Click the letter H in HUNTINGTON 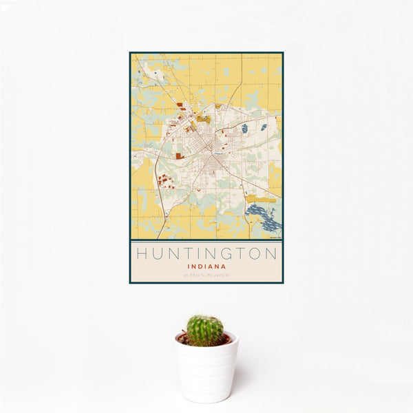click(x=141, y=254)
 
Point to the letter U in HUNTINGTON click(x=157, y=254)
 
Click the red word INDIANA click(x=206, y=266)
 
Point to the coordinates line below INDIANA click(x=206, y=275)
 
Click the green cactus click(x=205, y=330)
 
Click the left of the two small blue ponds click(x=244, y=128)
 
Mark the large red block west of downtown click(x=179, y=156)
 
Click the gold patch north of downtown click(x=202, y=118)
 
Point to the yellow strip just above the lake click(x=264, y=200)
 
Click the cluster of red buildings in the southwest click(x=165, y=182)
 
